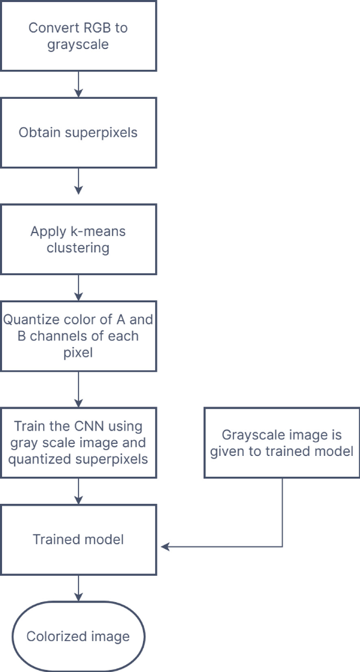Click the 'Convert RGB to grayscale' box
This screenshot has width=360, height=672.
coord(78,36)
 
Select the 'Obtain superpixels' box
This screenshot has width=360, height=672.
coord(78,133)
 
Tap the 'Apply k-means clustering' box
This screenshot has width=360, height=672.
coord(78,239)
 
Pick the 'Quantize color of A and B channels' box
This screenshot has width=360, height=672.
coord(78,336)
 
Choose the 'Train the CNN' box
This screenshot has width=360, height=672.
coord(78,442)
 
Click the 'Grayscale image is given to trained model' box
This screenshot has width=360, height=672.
coord(282,443)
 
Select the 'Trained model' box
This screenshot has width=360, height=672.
coord(78,539)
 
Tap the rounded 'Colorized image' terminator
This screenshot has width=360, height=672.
coord(78,637)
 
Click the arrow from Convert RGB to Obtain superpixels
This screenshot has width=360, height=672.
coord(78,84)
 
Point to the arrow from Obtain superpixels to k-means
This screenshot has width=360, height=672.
coord(78,181)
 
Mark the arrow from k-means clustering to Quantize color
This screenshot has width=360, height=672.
coord(78,288)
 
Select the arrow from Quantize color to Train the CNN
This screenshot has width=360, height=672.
coord(78,389)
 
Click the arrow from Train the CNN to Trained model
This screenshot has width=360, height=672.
coord(78,491)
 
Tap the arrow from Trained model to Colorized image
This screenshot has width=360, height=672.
coord(78,588)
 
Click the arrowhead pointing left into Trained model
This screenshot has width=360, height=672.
coord(164,547)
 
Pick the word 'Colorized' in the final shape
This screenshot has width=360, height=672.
coord(53,637)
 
